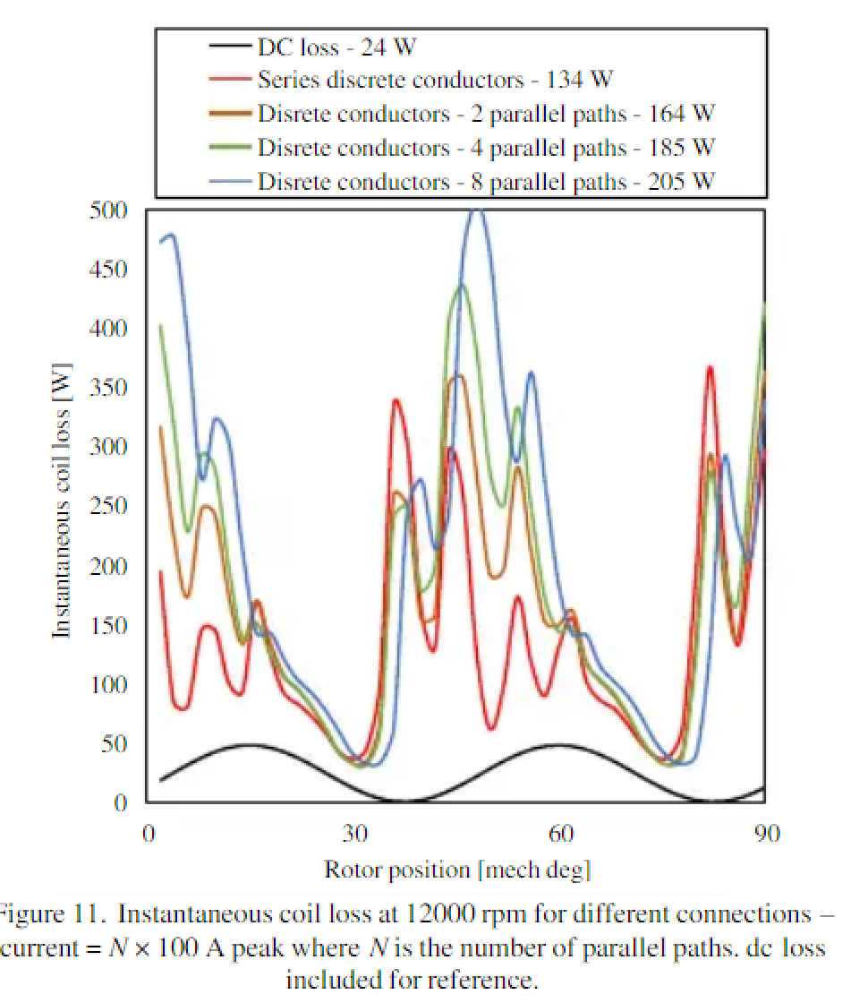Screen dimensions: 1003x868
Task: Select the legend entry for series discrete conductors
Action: (435, 81)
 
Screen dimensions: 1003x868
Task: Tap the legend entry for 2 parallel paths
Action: (487, 114)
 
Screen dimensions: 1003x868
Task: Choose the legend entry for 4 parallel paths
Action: (487, 147)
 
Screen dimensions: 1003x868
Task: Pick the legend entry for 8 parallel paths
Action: (487, 181)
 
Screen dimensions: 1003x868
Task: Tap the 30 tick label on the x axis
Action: (355, 834)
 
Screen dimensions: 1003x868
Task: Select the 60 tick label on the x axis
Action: (561, 834)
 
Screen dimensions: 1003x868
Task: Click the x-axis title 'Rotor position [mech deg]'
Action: (457, 869)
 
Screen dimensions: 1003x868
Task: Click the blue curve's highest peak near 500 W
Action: (477, 211)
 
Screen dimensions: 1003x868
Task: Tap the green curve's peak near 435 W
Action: (462, 286)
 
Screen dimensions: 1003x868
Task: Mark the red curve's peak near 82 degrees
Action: (710, 368)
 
